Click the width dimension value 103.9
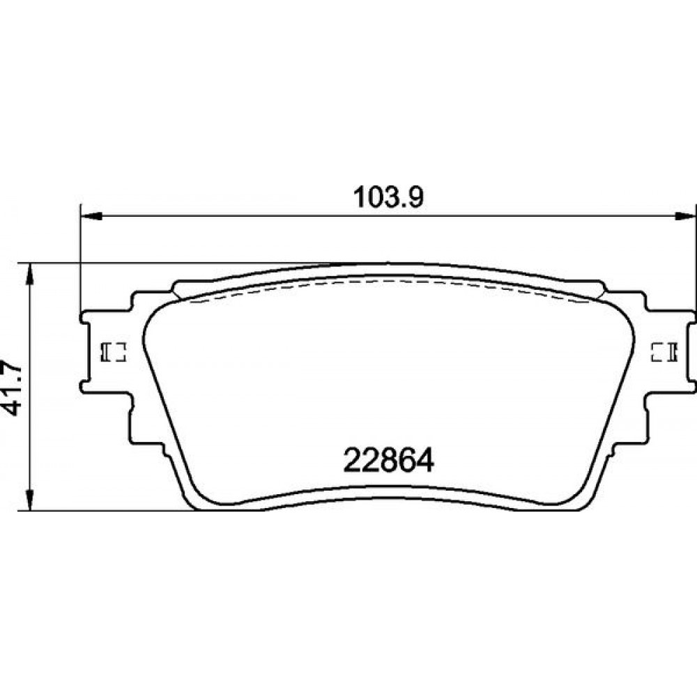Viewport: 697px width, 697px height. pos(388,197)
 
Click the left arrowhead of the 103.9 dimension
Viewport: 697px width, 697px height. pos(91,216)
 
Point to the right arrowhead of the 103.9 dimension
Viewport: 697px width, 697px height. pos(685,216)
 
